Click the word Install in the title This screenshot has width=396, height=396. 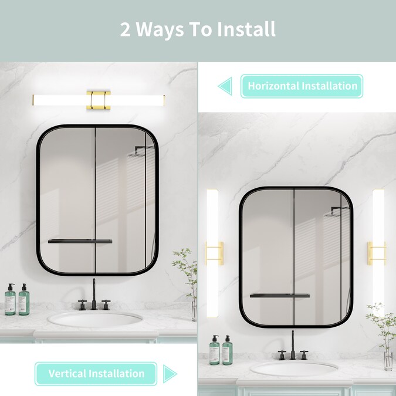[x=246, y=29]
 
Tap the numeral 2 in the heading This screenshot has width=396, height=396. [x=126, y=29]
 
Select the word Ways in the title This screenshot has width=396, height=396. [x=160, y=30]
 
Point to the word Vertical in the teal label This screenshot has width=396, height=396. [x=67, y=374]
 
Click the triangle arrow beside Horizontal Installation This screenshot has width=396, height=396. [x=225, y=86]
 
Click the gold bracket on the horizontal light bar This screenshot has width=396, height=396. [x=99, y=100]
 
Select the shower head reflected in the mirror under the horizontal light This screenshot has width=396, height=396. [x=141, y=152]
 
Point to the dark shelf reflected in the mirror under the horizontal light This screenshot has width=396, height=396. [x=80, y=242]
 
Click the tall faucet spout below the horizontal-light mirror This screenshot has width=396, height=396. [x=94, y=295]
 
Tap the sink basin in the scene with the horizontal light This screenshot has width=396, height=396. [x=95, y=319]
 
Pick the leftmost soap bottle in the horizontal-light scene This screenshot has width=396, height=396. [x=10, y=300]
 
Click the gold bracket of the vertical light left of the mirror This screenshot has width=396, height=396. [x=214, y=253]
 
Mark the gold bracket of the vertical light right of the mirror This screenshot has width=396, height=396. [x=377, y=253]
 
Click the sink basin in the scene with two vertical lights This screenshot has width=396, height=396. [x=294, y=368]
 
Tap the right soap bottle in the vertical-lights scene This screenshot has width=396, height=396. [x=228, y=350]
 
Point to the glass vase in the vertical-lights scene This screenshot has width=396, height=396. [x=388, y=361]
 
